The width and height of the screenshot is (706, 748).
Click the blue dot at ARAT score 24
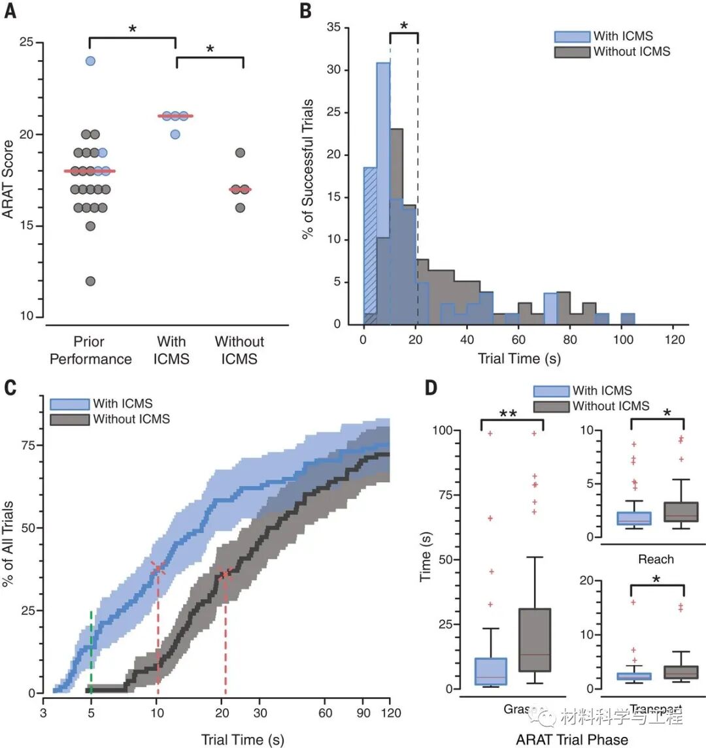(91, 61)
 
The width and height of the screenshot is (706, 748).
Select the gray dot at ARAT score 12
(91, 281)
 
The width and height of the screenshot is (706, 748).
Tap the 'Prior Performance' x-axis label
(90, 350)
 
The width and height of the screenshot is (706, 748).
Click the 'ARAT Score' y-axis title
(9, 180)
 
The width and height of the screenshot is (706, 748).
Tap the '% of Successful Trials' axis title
(308, 169)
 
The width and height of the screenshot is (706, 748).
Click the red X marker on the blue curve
(158, 568)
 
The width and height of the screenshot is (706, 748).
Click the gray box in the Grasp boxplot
(534, 640)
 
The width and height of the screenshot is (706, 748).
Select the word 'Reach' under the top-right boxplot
(655, 559)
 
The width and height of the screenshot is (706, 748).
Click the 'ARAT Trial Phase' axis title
(571, 740)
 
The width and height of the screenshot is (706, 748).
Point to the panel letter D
(431, 388)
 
